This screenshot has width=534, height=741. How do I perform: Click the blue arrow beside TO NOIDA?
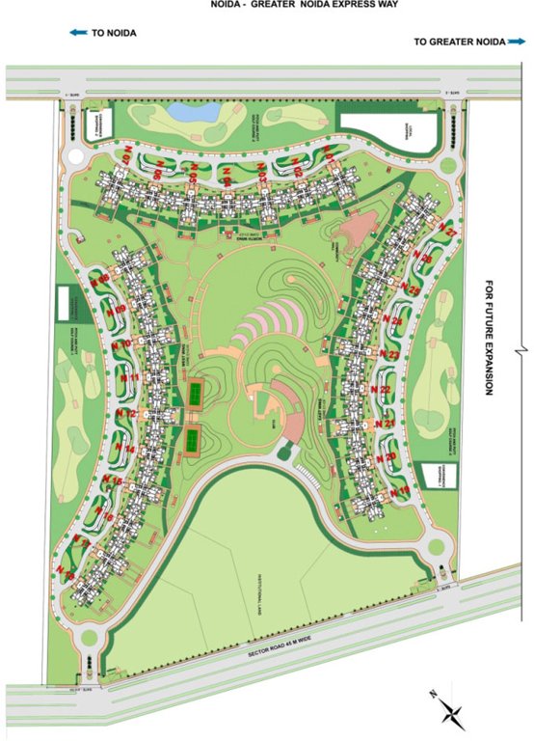tap(77, 33)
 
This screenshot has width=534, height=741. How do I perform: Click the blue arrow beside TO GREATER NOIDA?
tap(517, 41)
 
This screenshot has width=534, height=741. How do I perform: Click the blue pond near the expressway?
tap(194, 111)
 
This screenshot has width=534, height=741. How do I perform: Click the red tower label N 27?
tap(447, 233)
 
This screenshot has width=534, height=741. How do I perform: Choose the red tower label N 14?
tap(124, 450)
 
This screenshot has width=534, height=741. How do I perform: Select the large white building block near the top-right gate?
tap(389, 129)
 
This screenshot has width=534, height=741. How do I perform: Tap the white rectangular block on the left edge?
tap(69, 307)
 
